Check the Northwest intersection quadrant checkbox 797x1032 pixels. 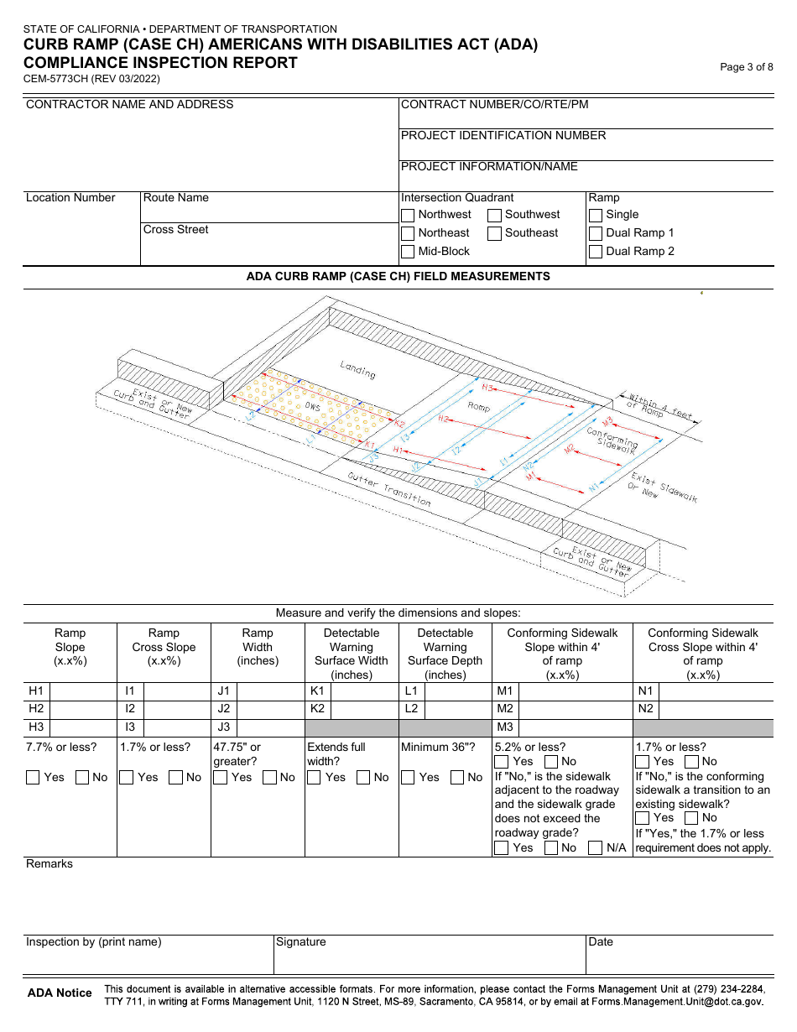pyautogui.click(x=408, y=215)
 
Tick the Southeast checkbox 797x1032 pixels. pyautogui.click(x=495, y=233)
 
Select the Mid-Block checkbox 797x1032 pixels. pyautogui.click(x=408, y=252)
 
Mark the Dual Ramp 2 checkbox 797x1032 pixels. pyautogui.click(x=596, y=252)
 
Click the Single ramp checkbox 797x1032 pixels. pyautogui.click(x=596, y=215)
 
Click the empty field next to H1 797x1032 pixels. pyautogui.click(x=83, y=691)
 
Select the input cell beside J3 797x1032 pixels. pyautogui.click(x=270, y=727)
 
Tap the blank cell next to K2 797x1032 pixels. pyautogui.click(x=364, y=709)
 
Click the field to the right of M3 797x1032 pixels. pyautogui.click(x=576, y=727)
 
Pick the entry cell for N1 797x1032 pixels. pyautogui.click(x=716, y=691)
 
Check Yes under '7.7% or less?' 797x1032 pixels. pyautogui.click(x=34, y=778)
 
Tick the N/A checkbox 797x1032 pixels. pyautogui.click(x=595, y=848)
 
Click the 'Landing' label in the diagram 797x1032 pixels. pyautogui.click(x=358, y=369)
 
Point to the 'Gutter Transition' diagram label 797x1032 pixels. pyautogui.click(x=389, y=489)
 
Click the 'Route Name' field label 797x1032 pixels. pyautogui.click(x=176, y=198)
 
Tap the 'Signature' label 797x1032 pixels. pyautogui.click(x=301, y=942)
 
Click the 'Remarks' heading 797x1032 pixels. pyautogui.click(x=49, y=864)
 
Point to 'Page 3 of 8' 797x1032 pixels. pyautogui.click(x=747, y=67)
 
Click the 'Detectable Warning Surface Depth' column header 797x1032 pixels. pyautogui.click(x=445, y=654)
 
